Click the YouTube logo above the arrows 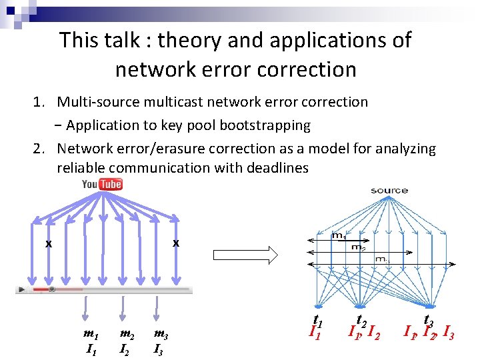tap(102, 183)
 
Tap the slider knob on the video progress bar tap(51, 289)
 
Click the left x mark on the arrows tap(48, 244)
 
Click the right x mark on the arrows tap(175, 243)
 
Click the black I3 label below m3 tap(160, 348)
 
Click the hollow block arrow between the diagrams tap(244, 254)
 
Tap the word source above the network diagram tap(389, 191)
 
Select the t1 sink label tap(318, 319)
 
